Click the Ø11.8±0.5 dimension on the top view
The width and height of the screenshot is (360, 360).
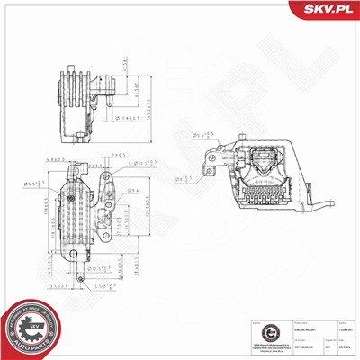pyautogui.click(x=125, y=117)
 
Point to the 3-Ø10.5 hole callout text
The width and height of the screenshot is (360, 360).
pyautogui.click(x=142, y=165)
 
